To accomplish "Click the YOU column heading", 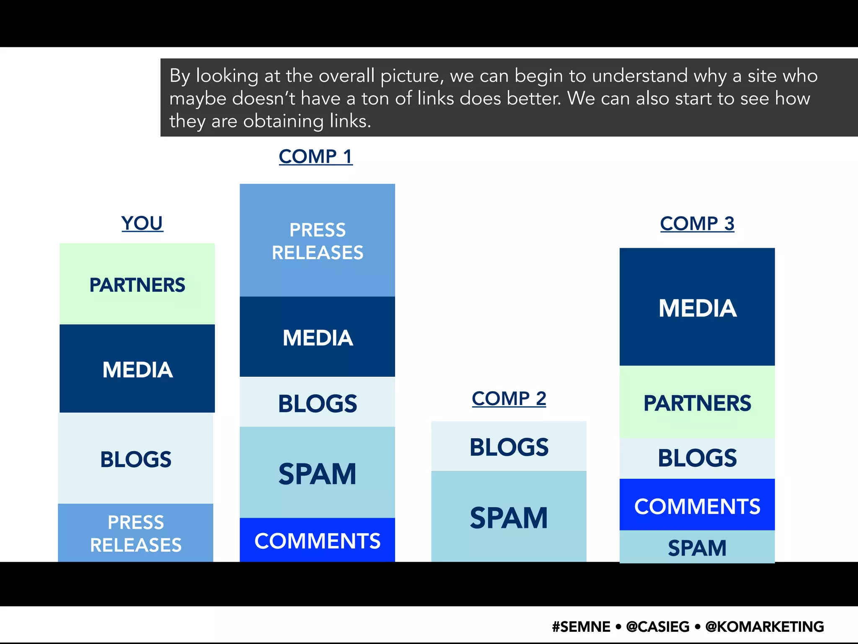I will click(142, 223).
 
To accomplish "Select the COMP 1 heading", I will click(315, 156).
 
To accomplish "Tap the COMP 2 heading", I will click(509, 398).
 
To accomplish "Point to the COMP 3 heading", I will click(697, 223).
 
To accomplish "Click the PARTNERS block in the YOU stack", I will click(137, 284).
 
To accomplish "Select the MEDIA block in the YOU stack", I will click(137, 369).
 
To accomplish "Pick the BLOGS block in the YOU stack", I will click(135, 459).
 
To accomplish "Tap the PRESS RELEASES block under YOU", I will click(135, 533).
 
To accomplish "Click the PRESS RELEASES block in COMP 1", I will click(317, 241).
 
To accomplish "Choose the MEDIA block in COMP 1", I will click(317, 337).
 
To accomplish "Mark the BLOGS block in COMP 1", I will click(317, 403).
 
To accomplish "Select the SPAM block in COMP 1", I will click(317, 473).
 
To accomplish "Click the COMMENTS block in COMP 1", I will click(317, 540).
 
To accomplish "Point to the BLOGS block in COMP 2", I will click(509, 447).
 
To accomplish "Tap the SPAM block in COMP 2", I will click(509, 517).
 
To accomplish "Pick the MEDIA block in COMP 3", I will click(697, 307).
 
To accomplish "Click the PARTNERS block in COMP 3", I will click(697, 402).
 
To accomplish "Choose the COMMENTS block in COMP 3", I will click(697, 506).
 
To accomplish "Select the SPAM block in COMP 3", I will click(697, 547).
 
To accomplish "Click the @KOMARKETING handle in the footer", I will click(765, 626).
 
